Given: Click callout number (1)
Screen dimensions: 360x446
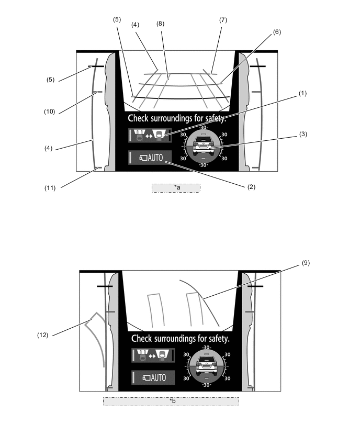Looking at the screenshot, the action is point(302,93).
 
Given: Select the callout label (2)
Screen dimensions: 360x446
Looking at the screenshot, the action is point(251,187).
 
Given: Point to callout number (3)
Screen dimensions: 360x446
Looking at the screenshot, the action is point(303,134).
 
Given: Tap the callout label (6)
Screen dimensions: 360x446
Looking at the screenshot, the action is point(277,32).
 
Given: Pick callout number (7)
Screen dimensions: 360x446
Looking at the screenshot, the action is point(223,20).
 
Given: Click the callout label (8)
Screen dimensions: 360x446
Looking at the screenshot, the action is point(161,24).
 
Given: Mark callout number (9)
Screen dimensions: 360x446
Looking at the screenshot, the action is point(306,263).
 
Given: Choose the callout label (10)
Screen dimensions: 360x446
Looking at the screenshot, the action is point(50,111).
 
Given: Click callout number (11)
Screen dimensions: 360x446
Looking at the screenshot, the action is point(50,188).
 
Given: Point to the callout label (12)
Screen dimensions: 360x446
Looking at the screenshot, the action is point(43,335).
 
